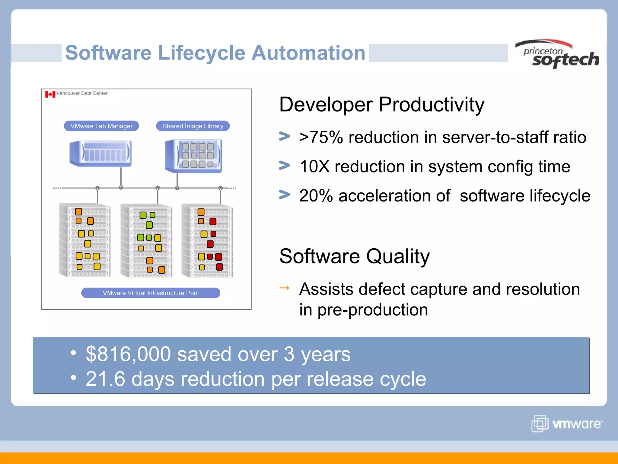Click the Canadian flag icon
tap(50, 94)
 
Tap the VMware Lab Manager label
tap(101, 126)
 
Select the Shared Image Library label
tap(193, 126)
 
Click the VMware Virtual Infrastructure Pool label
tap(151, 293)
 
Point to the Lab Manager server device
tap(100, 153)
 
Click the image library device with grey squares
tap(194, 156)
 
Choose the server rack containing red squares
tap(207, 240)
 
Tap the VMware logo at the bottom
tap(567, 424)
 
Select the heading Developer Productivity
tap(381, 105)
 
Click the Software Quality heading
tap(354, 256)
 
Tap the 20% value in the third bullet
tap(316, 196)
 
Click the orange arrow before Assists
tap(285, 288)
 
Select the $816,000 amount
tap(128, 354)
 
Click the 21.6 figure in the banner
tap(105, 379)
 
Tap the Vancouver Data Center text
tap(82, 93)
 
